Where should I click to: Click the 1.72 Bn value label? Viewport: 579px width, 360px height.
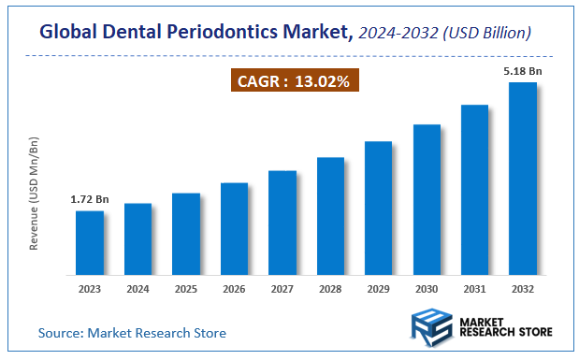[90, 200]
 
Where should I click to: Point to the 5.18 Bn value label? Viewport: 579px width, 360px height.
[522, 71]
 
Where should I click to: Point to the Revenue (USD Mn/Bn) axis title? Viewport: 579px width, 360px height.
[35, 193]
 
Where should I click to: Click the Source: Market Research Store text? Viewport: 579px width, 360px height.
[132, 333]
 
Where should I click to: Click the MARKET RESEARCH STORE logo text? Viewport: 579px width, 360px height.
[506, 327]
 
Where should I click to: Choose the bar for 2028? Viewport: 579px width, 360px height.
[330, 220]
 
